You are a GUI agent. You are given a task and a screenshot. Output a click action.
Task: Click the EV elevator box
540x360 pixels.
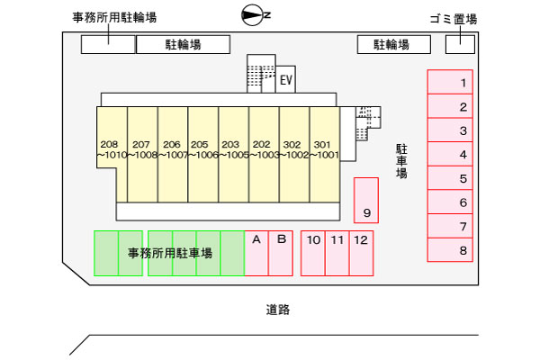point(286,80)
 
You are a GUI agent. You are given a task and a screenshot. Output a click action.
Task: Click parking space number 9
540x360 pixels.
point(365,200)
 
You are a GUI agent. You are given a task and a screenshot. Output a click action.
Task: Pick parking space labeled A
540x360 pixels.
point(256,253)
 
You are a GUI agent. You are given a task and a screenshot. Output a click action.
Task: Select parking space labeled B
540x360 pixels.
point(281,253)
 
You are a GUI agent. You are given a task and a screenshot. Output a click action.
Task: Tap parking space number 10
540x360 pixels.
point(313,253)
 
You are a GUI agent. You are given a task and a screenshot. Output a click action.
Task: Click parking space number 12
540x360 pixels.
point(361,253)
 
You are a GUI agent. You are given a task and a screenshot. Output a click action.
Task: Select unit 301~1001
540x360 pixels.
point(324,153)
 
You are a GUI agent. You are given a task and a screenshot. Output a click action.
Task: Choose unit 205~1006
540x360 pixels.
point(202,153)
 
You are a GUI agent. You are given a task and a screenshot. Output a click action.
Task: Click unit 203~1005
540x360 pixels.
point(233,153)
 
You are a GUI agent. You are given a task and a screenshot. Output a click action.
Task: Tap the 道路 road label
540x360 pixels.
point(277,310)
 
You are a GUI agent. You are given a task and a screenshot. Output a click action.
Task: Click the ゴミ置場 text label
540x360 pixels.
point(454,19)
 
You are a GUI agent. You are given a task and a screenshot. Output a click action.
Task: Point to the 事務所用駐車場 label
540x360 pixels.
point(169,254)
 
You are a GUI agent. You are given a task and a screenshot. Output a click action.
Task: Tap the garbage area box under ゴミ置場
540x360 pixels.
point(460,43)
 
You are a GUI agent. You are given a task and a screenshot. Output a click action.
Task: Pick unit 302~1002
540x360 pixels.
point(293,153)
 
